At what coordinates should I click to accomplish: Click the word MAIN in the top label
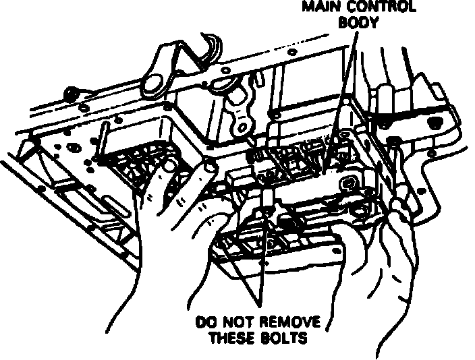coord(323,7)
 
